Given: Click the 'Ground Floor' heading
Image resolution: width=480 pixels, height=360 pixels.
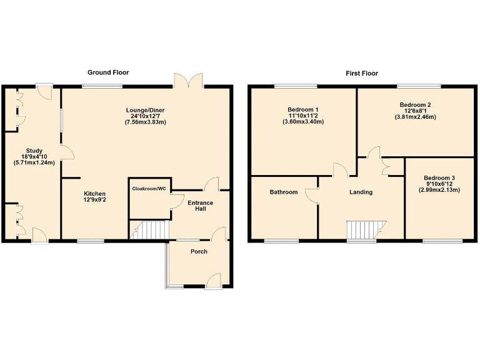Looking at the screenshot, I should (108, 72).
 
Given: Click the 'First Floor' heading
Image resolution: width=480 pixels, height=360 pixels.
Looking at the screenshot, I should (362, 73).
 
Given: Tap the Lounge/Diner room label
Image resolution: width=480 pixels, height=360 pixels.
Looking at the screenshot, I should (144, 110).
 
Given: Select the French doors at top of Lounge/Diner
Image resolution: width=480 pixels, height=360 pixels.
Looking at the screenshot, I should (189, 81).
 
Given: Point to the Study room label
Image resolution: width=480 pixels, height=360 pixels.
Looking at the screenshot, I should (34, 151).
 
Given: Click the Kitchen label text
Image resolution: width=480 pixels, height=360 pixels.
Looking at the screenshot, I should (95, 194).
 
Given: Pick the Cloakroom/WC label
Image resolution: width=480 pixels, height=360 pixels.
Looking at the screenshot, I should (149, 188).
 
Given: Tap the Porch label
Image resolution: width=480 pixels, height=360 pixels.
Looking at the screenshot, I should (199, 251).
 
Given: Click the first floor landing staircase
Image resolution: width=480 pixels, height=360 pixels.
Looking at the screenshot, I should (366, 229).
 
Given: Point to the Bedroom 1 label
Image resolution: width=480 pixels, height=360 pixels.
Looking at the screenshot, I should (302, 110).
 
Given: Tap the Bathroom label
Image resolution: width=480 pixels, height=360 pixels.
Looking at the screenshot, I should (283, 192).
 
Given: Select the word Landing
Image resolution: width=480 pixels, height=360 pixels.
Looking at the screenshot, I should (361, 192).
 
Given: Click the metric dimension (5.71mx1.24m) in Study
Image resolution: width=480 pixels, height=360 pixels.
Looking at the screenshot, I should (34, 162).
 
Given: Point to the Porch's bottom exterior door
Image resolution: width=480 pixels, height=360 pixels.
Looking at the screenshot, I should (213, 281).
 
